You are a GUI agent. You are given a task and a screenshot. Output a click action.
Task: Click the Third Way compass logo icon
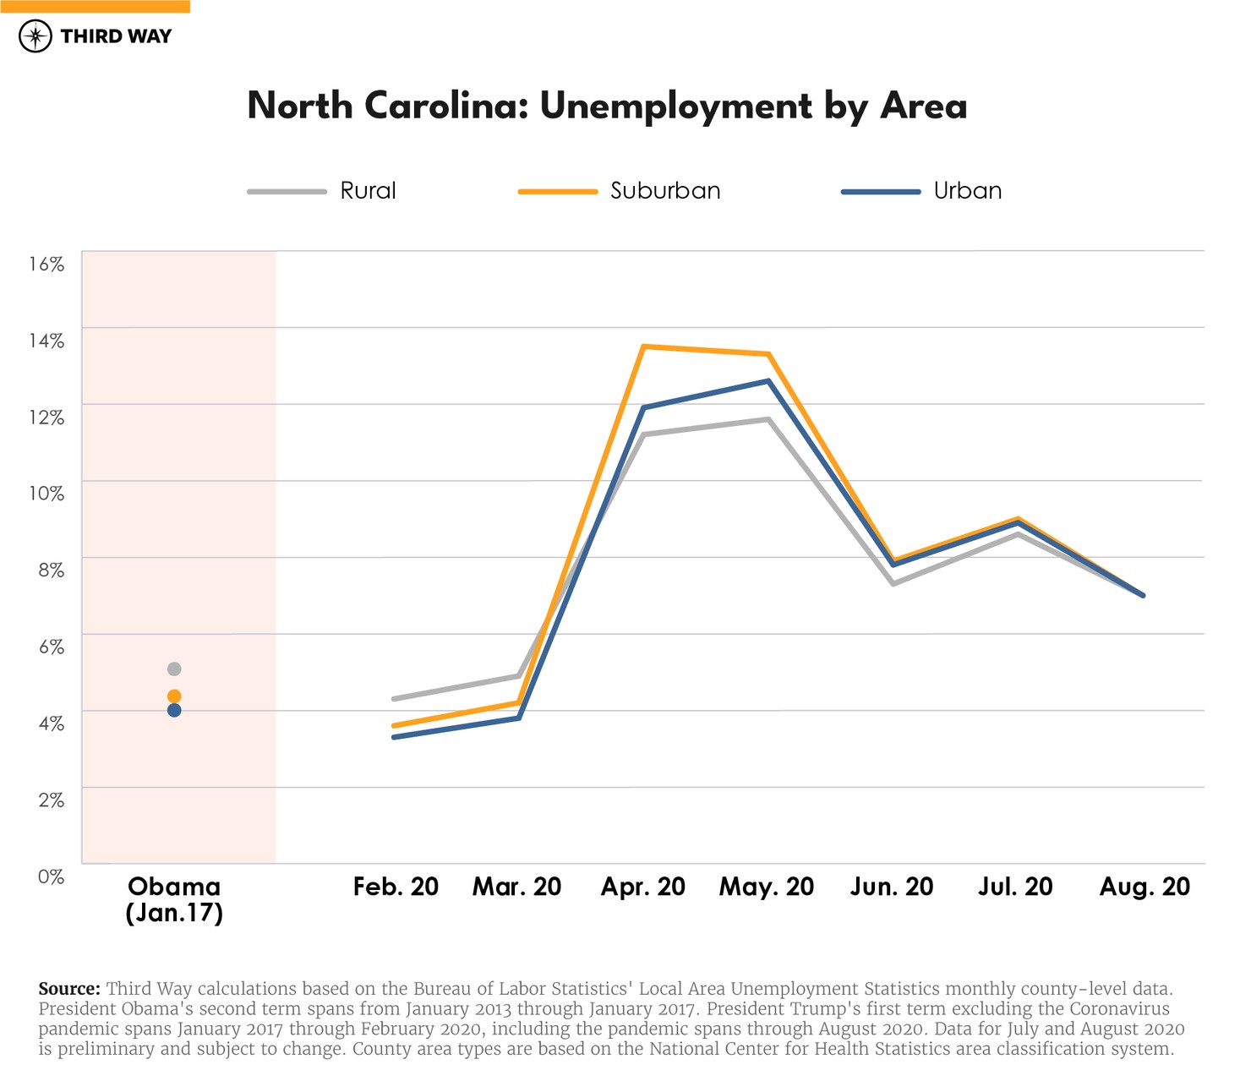point(36,36)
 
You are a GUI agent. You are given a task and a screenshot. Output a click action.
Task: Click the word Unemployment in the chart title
point(675,107)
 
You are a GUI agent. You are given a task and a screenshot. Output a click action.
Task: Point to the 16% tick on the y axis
point(46,265)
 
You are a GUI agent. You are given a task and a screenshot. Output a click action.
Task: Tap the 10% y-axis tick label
point(46,494)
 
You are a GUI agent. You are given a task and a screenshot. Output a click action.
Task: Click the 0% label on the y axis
point(51,876)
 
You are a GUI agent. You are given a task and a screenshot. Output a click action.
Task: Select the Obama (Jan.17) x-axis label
point(174,899)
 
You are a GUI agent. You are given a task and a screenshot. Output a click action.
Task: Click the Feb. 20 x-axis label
point(396,887)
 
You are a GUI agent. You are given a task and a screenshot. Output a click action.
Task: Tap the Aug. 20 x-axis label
point(1144,887)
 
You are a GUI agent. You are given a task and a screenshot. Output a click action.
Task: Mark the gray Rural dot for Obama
point(174,669)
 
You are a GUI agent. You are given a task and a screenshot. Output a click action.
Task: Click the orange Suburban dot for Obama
point(174,696)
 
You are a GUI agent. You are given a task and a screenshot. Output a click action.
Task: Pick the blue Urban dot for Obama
point(174,711)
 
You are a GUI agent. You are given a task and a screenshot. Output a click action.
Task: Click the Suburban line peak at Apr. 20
point(643,347)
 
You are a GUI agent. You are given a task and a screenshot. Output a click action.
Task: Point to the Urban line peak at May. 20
point(768,381)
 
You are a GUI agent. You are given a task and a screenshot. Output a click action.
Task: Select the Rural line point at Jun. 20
point(893,584)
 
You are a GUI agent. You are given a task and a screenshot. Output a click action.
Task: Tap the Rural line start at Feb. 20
point(394,699)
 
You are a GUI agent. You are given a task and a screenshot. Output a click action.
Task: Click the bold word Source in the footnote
point(69,989)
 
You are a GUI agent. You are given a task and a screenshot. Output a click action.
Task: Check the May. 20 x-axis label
point(766,887)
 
